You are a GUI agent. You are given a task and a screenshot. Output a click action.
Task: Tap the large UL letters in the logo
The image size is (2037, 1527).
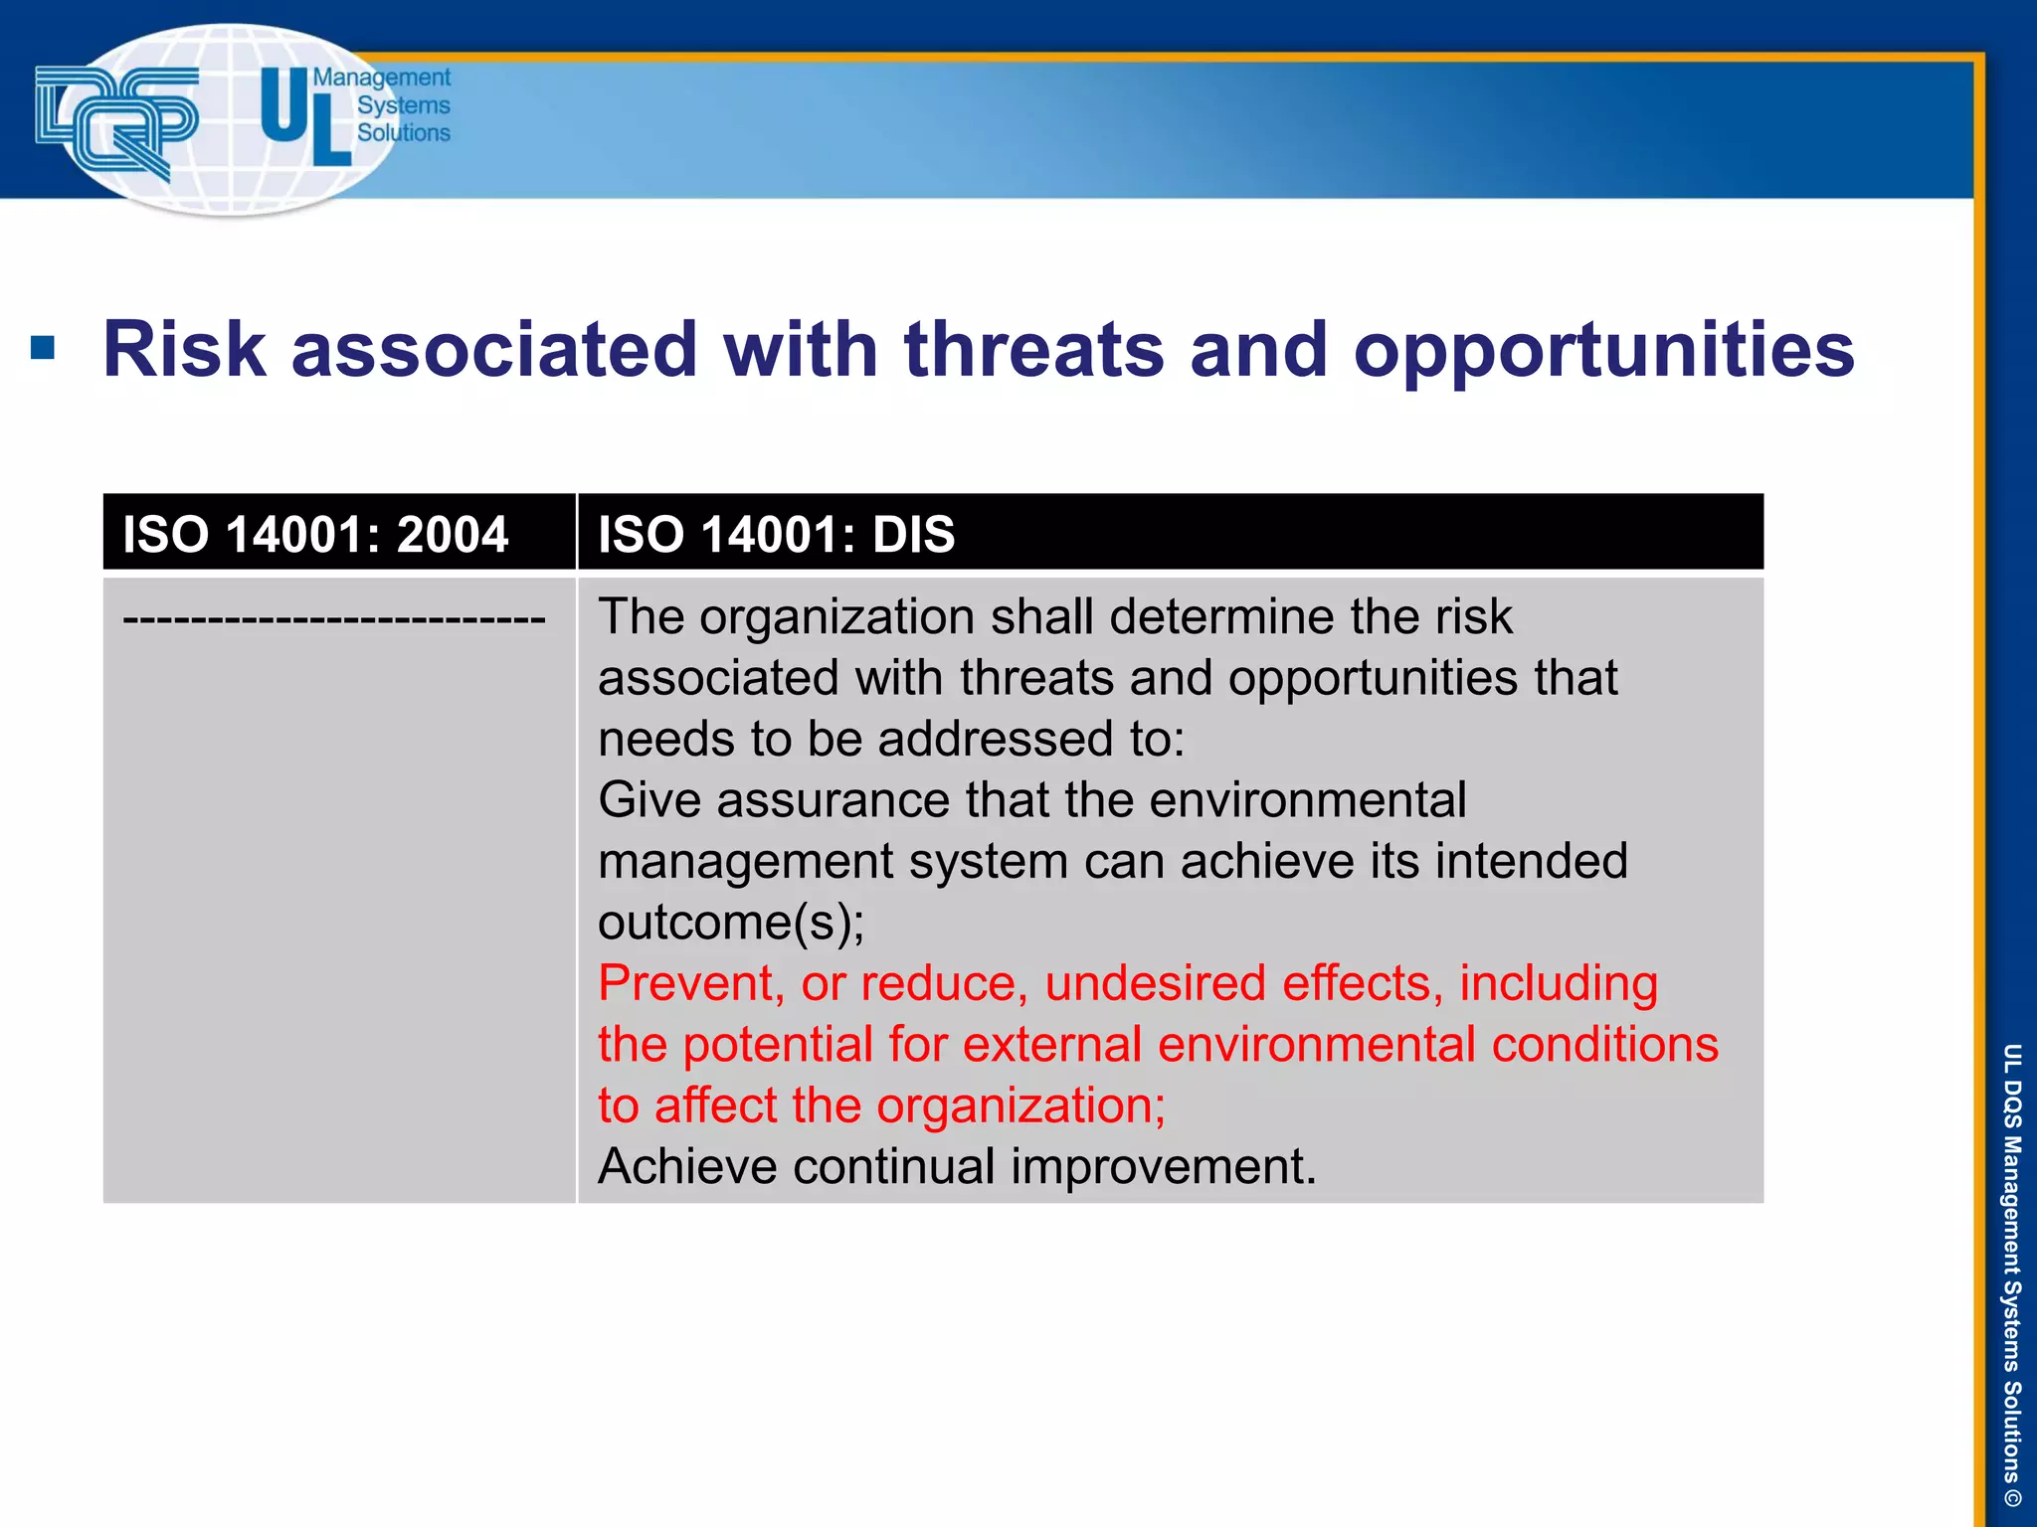click(x=304, y=116)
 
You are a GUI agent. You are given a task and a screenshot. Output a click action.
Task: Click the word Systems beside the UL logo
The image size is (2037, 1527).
click(x=403, y=105)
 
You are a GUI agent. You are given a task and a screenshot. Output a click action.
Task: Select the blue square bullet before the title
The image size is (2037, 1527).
click(x=43, y=348)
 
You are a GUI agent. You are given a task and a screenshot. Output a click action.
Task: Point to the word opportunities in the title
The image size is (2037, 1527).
click(x=1602, y=351)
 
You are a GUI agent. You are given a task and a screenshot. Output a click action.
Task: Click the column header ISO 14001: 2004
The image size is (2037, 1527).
click(x=315, y=534)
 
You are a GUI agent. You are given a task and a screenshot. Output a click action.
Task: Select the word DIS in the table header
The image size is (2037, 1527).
click(x=912, y=534)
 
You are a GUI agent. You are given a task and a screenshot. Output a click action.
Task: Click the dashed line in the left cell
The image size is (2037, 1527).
click(x=333, y=619)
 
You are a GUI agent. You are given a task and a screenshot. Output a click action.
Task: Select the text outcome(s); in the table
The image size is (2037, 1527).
click(x=731, y=922)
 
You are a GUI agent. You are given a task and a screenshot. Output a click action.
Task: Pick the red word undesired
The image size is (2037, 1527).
click(x=1154, y=983)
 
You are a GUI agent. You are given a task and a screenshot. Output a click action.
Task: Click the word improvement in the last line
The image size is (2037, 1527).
click(x=1163, y=1166)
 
